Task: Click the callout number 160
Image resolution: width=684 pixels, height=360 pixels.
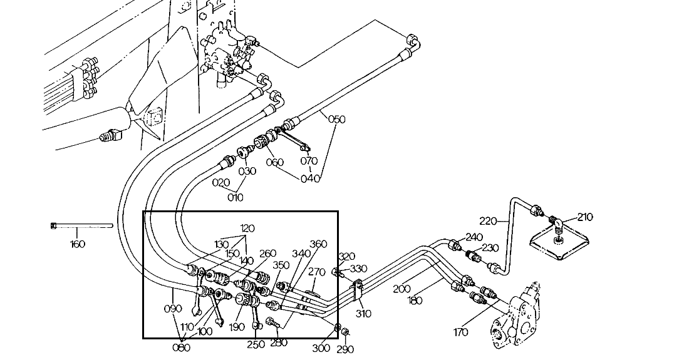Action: (78, 244)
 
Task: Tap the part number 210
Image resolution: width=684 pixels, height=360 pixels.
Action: (584, 217)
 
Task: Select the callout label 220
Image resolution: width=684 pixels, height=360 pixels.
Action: (489, 220)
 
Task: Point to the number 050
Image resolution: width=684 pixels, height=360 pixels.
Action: (337, 119)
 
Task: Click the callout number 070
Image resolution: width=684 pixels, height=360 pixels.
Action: (309, 160)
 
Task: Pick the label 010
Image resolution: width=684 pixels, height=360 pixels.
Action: (236, 198)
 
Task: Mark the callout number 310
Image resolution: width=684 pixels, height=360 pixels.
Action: (364, 314)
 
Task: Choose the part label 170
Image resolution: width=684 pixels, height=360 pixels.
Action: (460, 332)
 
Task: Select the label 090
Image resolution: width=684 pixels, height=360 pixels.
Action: (173, 309)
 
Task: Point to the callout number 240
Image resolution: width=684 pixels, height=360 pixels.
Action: (474, 237)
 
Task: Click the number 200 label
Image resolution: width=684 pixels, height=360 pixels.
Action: (402, 289)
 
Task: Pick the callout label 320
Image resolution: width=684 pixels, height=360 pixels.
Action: (346, 257)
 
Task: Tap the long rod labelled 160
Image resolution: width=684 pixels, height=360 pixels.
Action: (81, 225)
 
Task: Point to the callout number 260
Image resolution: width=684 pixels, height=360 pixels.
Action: (267, 254)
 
